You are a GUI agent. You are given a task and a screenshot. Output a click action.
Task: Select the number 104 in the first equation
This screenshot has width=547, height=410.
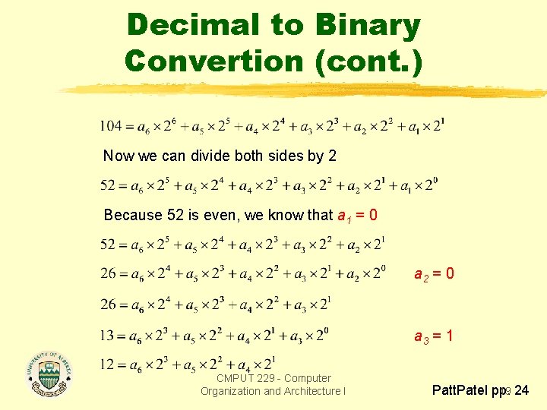(112, 126)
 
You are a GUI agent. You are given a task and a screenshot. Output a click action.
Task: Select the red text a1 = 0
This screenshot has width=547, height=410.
(357, 215)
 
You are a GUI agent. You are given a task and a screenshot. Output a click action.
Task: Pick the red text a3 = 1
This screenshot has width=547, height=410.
(434, 334)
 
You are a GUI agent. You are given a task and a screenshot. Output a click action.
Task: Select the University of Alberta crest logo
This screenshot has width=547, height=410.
(49, 373)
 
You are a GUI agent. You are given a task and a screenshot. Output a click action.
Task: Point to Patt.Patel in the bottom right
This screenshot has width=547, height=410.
(461, 392)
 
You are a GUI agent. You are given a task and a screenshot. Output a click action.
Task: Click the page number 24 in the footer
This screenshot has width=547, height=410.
(522, 392)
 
